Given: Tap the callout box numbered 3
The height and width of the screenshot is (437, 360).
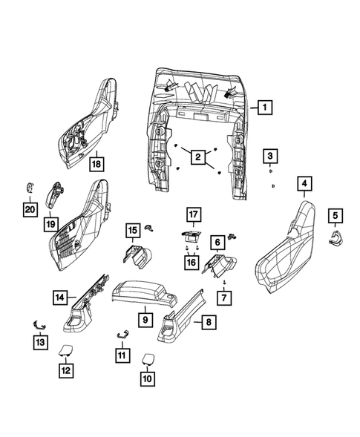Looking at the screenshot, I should point(272,156).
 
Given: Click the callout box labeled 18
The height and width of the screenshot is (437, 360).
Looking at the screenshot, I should point(96,162).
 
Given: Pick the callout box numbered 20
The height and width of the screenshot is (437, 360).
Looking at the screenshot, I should point(28,211).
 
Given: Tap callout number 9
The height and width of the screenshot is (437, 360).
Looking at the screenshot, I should point(145,319).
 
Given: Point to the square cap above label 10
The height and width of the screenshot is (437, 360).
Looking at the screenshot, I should point(147,358).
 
